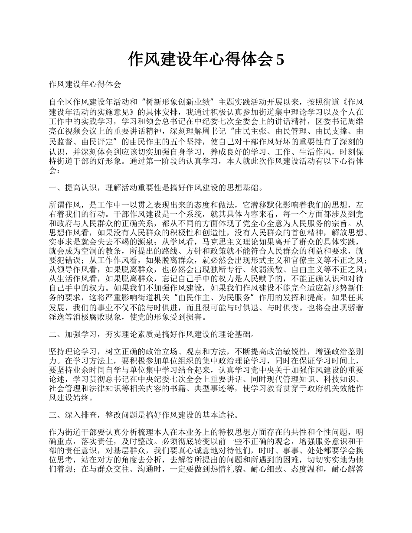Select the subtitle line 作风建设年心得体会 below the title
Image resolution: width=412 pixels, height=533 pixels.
point(85,83)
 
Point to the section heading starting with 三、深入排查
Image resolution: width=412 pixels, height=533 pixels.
point(144,416)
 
